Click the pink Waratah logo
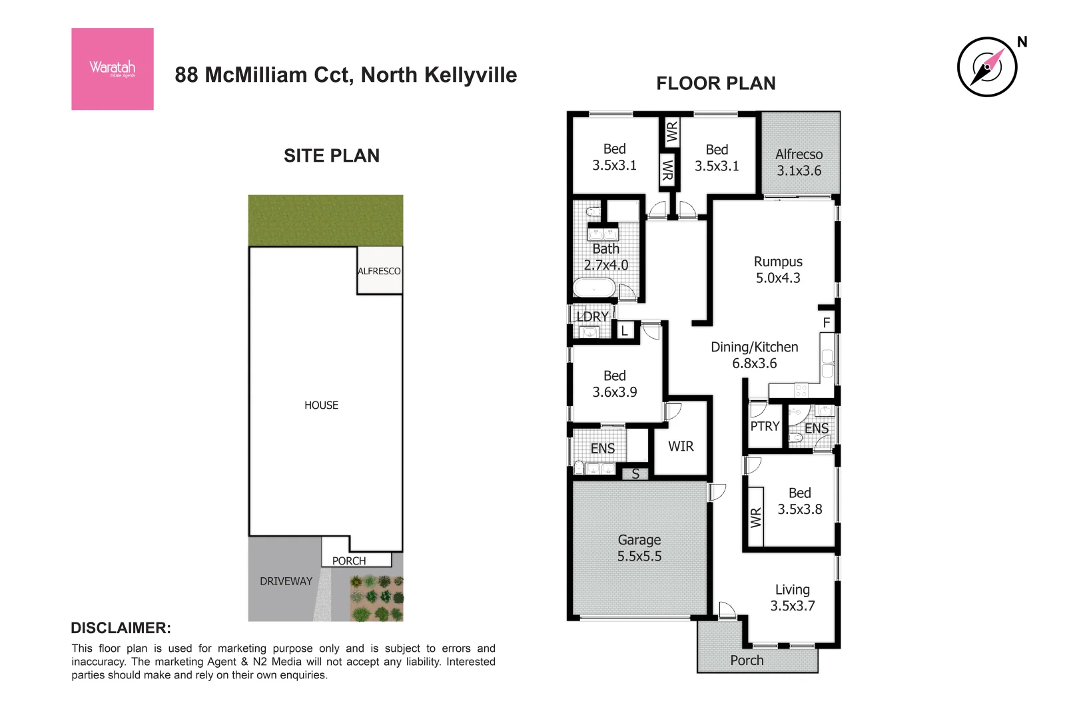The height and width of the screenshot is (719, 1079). click(113, 69)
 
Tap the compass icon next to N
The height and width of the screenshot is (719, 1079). click(987, 67)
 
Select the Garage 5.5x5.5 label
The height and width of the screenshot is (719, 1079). click(639, 548)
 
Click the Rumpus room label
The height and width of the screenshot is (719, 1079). click(778, 270)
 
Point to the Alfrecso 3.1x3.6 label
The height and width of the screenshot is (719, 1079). click(799, 162)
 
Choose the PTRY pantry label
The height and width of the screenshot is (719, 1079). click(765, 426)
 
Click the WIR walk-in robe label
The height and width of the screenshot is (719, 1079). click(681, 446)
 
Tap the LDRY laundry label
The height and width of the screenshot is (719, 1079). click(592, 317)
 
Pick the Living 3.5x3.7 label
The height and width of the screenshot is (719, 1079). click(793, 597)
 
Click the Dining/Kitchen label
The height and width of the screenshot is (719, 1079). click(755, 355)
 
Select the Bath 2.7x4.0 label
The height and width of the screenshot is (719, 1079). click(606, 256)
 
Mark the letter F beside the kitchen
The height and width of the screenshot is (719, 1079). click(827, 323)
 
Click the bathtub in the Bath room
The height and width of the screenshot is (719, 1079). click(594, 289)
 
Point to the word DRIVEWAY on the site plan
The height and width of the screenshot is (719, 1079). click(286, 581)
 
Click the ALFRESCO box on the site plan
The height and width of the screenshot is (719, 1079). click(380, 270)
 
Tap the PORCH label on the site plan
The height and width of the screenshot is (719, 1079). click(349, 561)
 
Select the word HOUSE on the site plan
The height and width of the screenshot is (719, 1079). click(321, 405)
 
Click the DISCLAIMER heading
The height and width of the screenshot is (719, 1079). click(121, 628)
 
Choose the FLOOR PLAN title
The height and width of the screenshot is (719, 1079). click(716, 83)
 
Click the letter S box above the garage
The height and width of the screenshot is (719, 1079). click(635, 474)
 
